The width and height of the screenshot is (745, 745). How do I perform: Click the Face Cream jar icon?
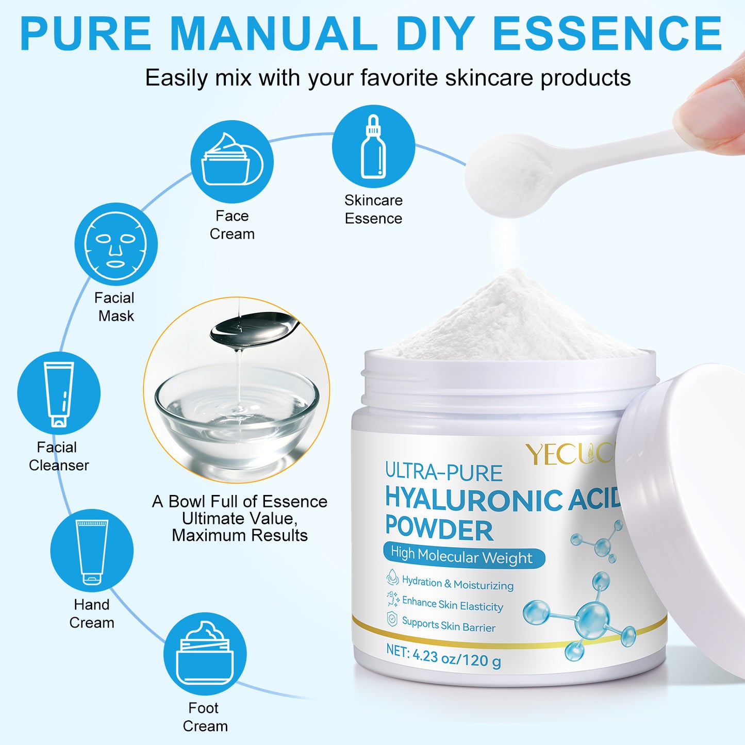point(231,162)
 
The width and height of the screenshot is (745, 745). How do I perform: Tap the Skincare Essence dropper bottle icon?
point(373,146)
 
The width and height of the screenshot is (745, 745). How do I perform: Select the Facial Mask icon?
point(116,244)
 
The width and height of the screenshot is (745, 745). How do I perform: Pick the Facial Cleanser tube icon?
point(59,393)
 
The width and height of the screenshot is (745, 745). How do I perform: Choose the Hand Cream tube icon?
point(92,551)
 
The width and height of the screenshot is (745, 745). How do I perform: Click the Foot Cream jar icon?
point(205,654)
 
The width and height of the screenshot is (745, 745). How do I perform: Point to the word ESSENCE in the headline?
point(607,34)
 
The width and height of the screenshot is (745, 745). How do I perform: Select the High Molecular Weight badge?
point(463,556)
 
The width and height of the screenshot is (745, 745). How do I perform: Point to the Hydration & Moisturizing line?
point(457,584)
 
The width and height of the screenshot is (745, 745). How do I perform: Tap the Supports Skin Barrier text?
point(448,625)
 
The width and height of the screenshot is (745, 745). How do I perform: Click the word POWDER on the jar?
point(439,529)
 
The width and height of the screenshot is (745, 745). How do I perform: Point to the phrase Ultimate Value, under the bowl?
point(240,518)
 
